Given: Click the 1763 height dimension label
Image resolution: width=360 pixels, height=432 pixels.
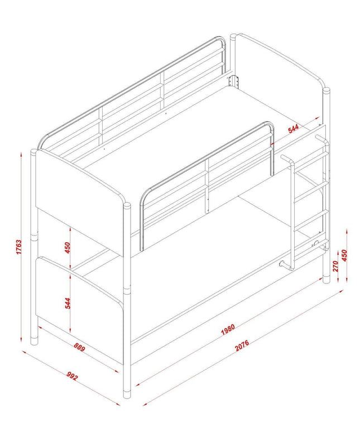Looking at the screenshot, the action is pyautogui.click(x=18, y=247).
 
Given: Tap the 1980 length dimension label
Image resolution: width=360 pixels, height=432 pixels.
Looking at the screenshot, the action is pyautogui.click(x=228, y=329).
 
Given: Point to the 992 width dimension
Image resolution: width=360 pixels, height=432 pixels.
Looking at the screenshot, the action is pyautogui.click(x=72, y=376).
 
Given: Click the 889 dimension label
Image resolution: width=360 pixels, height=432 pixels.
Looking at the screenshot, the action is pyautogui.click(x=79, y=347).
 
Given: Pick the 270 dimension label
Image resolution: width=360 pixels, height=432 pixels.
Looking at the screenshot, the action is pyautogui.click(x=335, y=266).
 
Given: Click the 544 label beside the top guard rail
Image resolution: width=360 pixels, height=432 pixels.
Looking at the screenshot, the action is pyautogui.click(x=293, y=128).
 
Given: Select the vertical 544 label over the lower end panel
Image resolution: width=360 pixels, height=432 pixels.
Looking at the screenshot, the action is pyautogui.click(x=68, y=303).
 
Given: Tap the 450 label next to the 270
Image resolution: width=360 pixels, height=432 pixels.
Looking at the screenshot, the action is pyautogui.click(x=344, y=256).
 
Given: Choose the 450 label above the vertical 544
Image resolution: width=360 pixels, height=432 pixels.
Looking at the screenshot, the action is pyautogui.click(x=68, y=248).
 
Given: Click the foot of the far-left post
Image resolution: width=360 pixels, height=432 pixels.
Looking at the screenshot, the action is pyautogui.click(x=34, y=340).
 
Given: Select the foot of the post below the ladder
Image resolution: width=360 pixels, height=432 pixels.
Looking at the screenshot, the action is pyautogui.click(x=326, y=279).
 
